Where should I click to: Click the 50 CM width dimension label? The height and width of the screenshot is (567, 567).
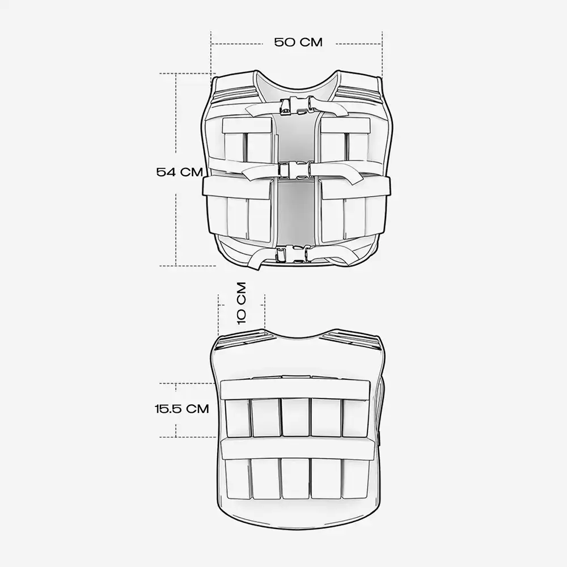tap(298, 43)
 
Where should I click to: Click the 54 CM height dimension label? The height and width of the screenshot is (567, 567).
tap(179, 172)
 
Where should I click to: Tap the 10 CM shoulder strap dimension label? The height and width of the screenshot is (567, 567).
tap(241, 303)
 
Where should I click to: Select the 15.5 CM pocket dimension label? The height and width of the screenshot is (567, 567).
tap(182, 409)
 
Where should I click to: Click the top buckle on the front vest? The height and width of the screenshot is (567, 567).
tap(297, 106)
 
